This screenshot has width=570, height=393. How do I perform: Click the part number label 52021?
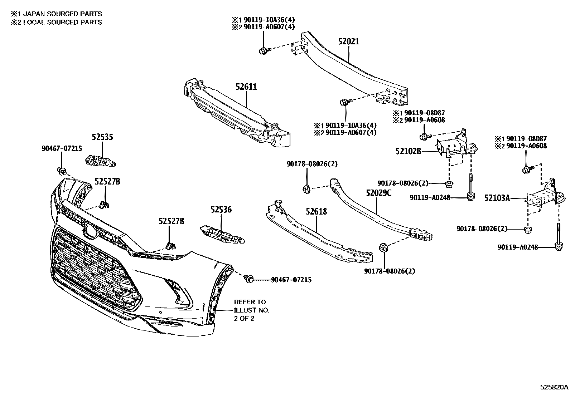(x=348, y=41)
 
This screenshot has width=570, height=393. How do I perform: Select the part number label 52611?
(x=246, y=87)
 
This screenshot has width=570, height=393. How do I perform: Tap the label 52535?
(x=102, y=137)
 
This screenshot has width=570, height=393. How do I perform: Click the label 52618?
(x=316, y=212)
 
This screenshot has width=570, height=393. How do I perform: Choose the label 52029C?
(x=378, y=193)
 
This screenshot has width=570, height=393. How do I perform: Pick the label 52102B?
(x=408, y=151)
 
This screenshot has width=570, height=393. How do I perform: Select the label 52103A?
(x=497, y=197)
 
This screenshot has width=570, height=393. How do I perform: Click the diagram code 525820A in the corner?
(x=554, y=387)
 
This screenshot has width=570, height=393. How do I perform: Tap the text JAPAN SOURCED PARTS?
(x=61, y=14)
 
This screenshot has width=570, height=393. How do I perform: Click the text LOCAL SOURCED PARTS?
(x=61, y=22)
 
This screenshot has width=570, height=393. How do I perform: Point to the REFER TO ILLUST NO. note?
(x=251, y=310)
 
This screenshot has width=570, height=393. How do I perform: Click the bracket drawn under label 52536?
(x=222, y=234)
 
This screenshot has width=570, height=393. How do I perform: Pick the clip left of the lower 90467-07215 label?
(x=248, y=279)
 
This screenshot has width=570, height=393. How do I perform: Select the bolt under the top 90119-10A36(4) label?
(x=263, y=51)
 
